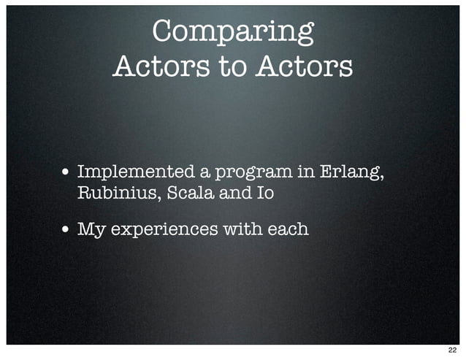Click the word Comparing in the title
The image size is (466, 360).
tap(233, 32)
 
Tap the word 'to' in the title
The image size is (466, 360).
tap(232, 67)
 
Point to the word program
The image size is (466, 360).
tap(251, 174)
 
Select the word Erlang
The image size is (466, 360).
tap(354, 173)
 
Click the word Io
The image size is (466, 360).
tap(264, 194)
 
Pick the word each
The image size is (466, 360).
tap(288, 229)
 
